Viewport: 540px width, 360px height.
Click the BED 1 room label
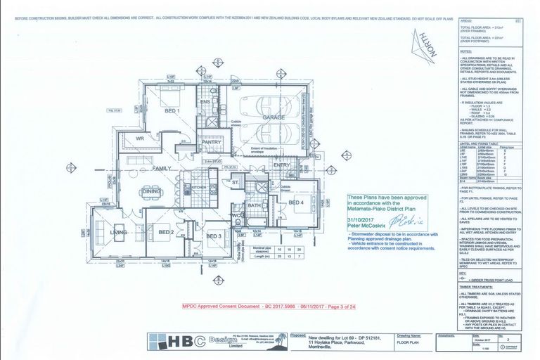click(173, 111)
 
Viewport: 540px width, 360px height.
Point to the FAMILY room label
click(162, 169)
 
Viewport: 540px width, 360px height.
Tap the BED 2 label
click(166, 231)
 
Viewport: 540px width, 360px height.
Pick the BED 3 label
click(215, 236)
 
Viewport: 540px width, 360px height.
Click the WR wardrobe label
click(140, 139)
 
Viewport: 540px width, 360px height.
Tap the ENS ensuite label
click(206, 102)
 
